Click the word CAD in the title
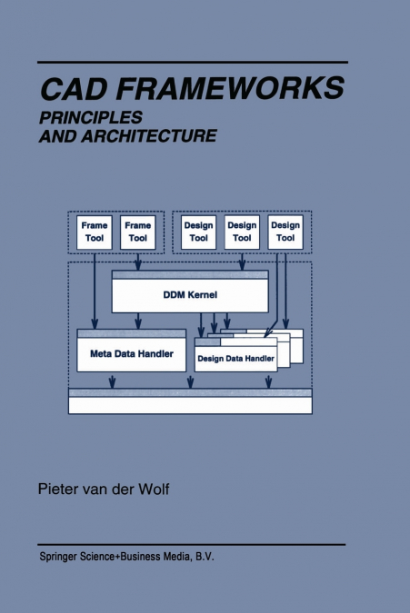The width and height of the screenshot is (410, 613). [74, 89]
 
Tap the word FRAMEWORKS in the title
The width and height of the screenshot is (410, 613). [230, 88]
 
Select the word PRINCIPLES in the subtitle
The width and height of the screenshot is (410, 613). [91, 117]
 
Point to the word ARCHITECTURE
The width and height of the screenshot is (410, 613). [149, 135]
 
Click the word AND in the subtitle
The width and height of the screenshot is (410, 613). [58, 135]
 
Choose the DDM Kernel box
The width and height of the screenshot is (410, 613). [190, 292]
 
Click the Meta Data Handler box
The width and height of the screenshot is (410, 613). [132, 351]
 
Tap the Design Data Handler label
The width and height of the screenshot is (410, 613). [235, 359]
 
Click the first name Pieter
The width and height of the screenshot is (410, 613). [57, 489]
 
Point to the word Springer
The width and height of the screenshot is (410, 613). [58, 557]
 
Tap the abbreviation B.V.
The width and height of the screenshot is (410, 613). [205, 557]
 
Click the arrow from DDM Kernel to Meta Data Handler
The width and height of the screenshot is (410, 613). [137, 321]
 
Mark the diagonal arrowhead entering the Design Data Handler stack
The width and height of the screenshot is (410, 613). [268, 332]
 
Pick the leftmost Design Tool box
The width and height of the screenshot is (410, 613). [198, 232]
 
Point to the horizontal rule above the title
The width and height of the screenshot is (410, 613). [193, 62]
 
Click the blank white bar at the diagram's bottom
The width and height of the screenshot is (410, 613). [190, 405]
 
